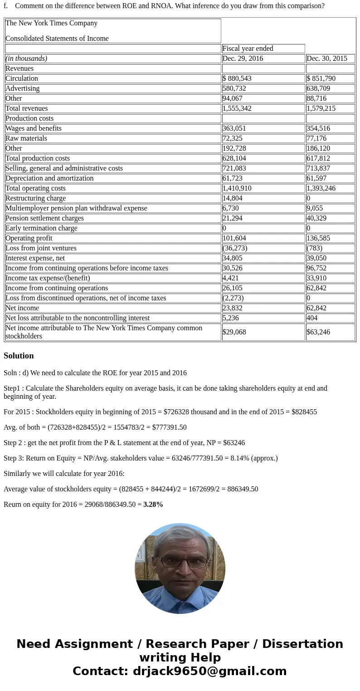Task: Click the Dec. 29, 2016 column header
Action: pyautogui.click(x=243, y=59)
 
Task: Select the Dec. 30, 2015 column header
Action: pyautogui.click(x=326, y=59)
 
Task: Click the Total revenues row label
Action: pyautogui.click(x=26, y=108)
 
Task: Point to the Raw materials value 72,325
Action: pyautogui.click(x=233, y=138)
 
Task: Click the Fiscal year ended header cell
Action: pyautogui.click(x=248, y=49)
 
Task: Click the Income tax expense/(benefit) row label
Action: pyautogui.click(x=48, y=278)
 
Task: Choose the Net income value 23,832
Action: pyautogui.click(x=233, y=308)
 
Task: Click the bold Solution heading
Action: pyautogui.click(x=19, y=356)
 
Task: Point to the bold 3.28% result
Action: pyautogui.click(x=153, y=505)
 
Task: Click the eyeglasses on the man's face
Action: pyautogui.click(x=180, y=562)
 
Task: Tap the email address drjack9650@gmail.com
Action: pyautogui.click(x=209, y=671)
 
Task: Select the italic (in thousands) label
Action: pyautogui.click(x=26, y=59)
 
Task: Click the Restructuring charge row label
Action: pyautogui.click(x=35, y=198)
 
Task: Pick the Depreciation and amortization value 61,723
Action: pyautogui.click(x=233, y=178)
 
